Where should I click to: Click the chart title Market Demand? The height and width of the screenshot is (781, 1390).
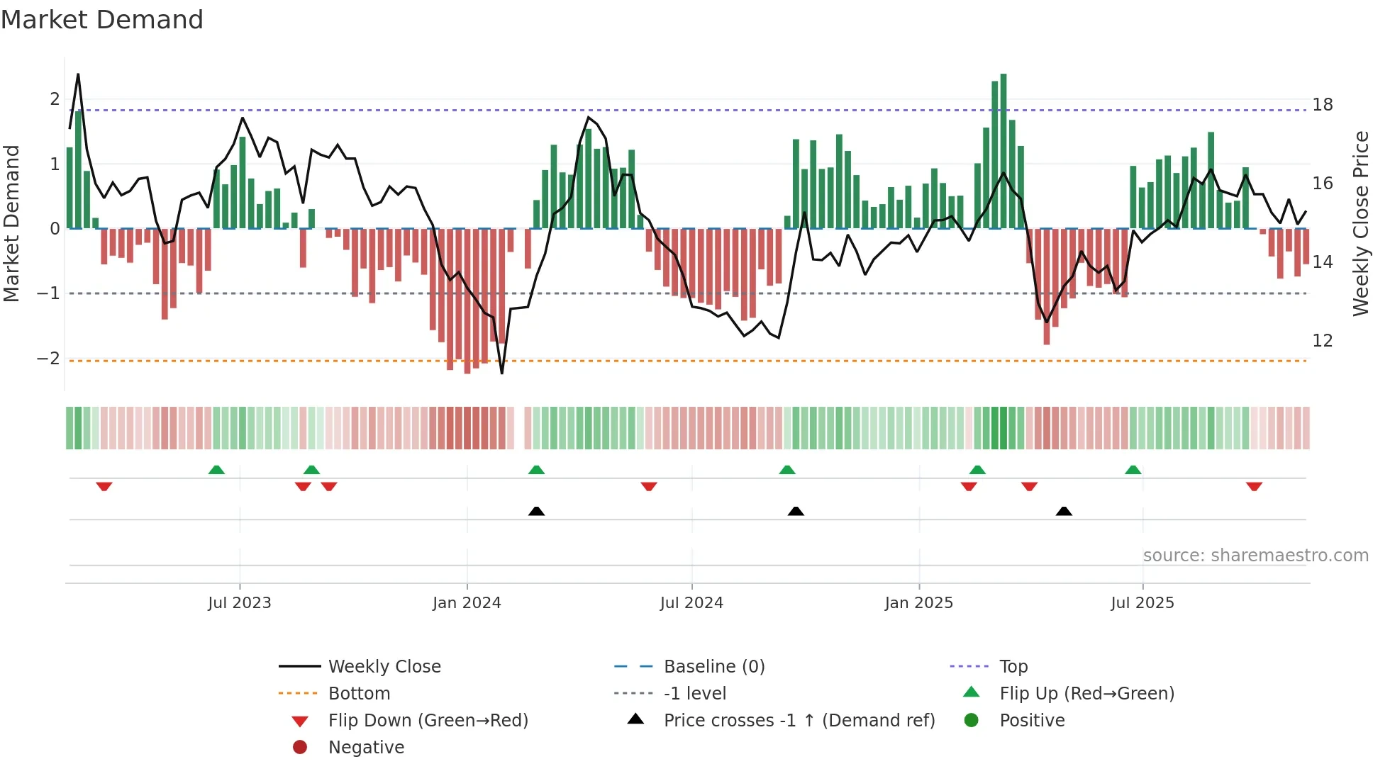click(102, 20)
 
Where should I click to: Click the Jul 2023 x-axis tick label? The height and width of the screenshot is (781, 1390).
click(240, 603)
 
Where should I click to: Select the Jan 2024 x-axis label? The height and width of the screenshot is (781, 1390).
click(467, 603)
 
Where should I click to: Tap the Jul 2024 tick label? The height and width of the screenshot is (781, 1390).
click(691, 603)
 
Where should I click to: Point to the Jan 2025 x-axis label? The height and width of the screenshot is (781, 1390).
click(919, 603)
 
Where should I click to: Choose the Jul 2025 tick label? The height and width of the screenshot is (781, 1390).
click(1142, 603)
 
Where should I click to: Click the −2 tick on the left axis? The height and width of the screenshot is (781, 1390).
click(48, 359)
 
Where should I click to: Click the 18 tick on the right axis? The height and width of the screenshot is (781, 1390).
click(1323, 105)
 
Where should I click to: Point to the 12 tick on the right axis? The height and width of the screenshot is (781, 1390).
click(1323, 341)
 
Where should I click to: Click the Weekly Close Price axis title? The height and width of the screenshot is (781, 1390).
click(1360, 223)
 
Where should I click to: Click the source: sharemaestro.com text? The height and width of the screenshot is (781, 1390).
click(1255, 556)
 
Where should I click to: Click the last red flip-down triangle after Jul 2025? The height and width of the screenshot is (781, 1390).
click(1254, 486)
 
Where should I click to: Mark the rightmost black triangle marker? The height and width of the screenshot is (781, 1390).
click(1064, 511)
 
